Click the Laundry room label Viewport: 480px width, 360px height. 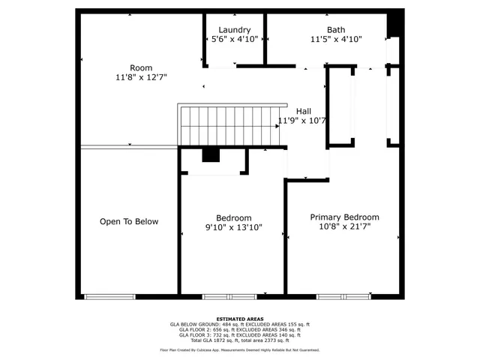click(x=234, y=30)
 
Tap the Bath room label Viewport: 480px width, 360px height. click(x=336, y=30)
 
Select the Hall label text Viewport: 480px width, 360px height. click(x=303, y=111)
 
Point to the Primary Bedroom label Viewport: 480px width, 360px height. click(x=344, y=217)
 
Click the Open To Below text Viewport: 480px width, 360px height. click(x=129, y=221)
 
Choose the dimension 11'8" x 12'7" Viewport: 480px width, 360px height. click(x=140, y=77)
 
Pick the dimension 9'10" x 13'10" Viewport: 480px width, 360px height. click(x=233, y=227)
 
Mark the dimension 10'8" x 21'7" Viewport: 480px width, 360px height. click(x=344, y=226)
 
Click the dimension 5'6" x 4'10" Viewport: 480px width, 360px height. click(x=234, y=39)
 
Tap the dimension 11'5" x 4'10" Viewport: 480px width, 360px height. click(x=336, y=39)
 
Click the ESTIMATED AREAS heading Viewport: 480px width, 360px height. click(x=239, y=318)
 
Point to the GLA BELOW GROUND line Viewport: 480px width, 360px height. click(x=239, y=324)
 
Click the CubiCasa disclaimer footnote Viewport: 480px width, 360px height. click(x=239, y=350)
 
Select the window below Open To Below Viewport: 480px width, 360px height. click(x=109, y=297)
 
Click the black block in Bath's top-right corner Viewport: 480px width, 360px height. click(x=394, y=25)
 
